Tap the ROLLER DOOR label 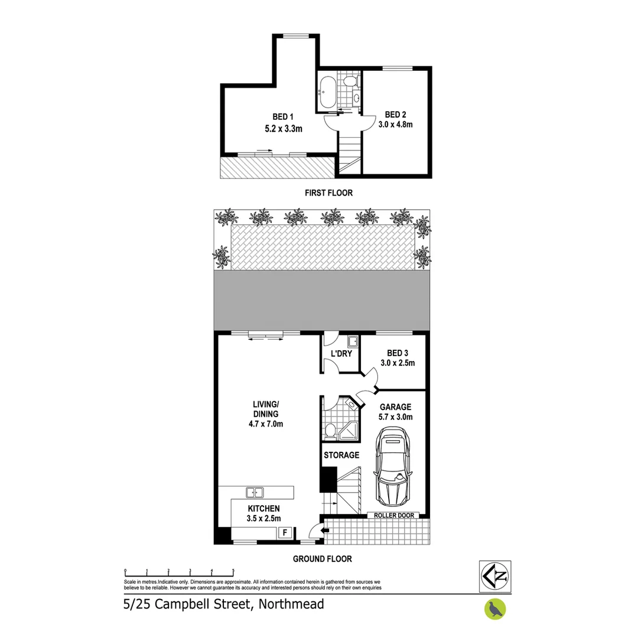(x=393, y=516)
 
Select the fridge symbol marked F (x=285, y=533)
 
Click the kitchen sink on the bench (x=255, y=491)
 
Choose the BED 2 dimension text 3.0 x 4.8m (x=399, y=124)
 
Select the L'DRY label (x=341, y=354)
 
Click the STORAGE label (x=341, y=455)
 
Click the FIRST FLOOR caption (x=329, y=193)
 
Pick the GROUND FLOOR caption (x=325, y=558)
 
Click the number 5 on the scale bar (x=233, y=571)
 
